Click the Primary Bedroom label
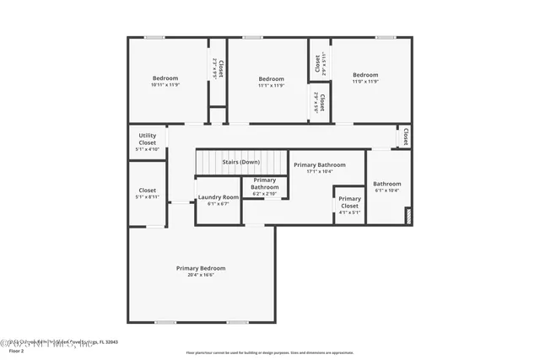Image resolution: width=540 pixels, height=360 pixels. coord(201,268)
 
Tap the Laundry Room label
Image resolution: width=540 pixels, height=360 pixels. coord(218,197)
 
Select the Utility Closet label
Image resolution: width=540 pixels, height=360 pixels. coord(148,139)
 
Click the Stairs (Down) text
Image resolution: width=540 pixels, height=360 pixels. coord(240,162)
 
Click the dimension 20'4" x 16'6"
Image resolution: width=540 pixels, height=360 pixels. coord(201,275)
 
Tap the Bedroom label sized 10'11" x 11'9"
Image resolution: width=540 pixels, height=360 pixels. coord(166,78)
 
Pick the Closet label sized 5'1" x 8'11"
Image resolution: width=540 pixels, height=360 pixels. coord(148,191)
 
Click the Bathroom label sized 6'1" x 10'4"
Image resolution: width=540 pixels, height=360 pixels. coord(387,184)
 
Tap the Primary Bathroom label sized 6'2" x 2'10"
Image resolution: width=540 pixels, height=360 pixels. coord(264,183)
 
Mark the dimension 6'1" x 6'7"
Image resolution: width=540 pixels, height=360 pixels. coord(218,204)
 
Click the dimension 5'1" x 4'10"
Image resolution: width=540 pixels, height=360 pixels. coord(148,149)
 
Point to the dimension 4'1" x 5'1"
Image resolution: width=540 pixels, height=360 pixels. coord(349,212)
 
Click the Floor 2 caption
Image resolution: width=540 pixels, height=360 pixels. coord(16,350)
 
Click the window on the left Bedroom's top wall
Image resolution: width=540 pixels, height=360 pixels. coord(154,37)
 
